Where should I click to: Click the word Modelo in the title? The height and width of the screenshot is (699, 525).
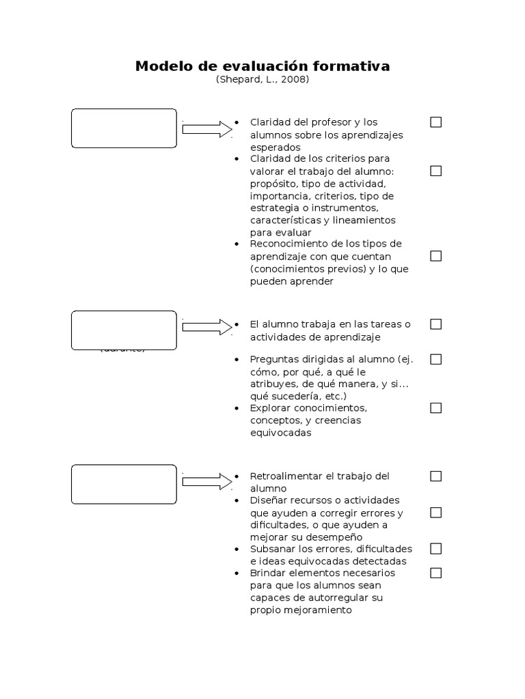[159, 66]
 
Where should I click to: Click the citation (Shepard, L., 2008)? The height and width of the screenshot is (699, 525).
[262, 80]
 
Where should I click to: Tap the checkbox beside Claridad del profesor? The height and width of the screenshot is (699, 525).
[435, 122]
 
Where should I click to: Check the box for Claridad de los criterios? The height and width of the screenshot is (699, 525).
[435, 171]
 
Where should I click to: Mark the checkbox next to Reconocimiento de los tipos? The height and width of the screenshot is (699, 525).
[435, 256]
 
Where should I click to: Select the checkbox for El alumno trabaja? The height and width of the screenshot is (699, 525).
[435, 324]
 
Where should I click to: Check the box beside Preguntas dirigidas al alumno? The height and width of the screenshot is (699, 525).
[435, 359]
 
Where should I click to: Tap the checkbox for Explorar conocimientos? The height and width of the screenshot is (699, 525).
[435, 408]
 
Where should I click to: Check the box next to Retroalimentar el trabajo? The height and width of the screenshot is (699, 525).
[435, 476]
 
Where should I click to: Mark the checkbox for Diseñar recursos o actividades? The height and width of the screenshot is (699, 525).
[435, 513]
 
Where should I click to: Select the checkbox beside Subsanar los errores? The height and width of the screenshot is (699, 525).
[435, 549]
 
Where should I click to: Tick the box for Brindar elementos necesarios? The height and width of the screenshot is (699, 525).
[435, 573]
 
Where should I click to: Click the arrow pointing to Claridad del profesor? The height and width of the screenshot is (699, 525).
[207, 129]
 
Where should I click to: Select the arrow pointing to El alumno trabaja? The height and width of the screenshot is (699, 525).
[207, 326]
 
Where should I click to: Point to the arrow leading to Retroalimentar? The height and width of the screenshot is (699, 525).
[207, 481]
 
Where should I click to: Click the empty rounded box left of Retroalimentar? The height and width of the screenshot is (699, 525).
[124, 483]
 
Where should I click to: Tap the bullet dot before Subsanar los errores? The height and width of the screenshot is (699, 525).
[236, 549]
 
